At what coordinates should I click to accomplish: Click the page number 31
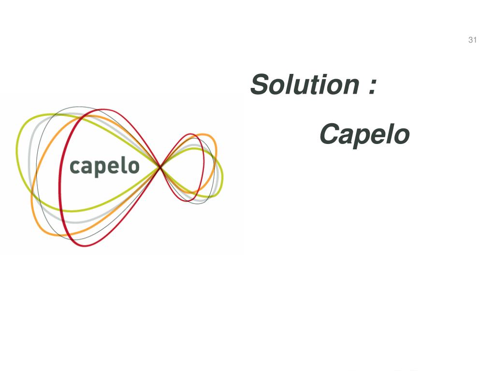coord(472,40)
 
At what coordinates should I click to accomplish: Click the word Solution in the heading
coord(305,85)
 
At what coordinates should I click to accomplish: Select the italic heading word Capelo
coord(364,134)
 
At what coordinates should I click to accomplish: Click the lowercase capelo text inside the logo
coord(104,167)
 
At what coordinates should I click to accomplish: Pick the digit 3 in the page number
coord(470,40)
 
